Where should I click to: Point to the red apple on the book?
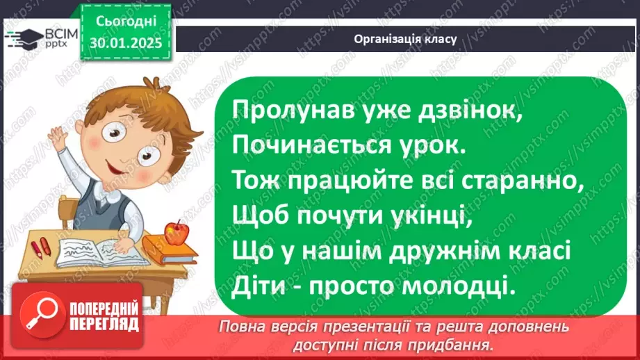[x=178, y=233]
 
